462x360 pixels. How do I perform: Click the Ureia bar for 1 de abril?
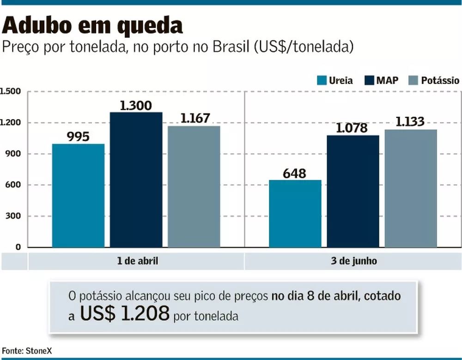click(x=78, y=196)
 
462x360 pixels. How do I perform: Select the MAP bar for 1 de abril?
click(x=136, y=180)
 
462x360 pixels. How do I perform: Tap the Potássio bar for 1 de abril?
click(x=194, y=186)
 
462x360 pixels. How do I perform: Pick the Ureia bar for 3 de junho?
click(x=295, y=214)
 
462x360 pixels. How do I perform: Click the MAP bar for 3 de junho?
click(x=353, y=191)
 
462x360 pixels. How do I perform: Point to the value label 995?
click(x=78, y=137)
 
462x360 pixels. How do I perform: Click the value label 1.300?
click(x=136, y=106)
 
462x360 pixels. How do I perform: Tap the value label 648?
click(x=295, y=174)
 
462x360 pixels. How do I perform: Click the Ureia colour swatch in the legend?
click(x=322, y=80)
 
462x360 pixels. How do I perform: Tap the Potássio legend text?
click(x=440, y=80)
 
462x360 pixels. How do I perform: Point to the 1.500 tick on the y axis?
click(x=11, y=91)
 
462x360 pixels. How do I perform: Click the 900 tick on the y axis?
click(x=14, y=154)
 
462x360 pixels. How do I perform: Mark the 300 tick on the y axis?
click(x=14, y=216)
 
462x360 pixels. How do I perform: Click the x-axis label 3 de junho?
click(x=353, y=261)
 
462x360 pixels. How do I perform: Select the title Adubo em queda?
click(x=92, y=26)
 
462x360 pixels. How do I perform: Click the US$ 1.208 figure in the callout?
click(x=125, y=314)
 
